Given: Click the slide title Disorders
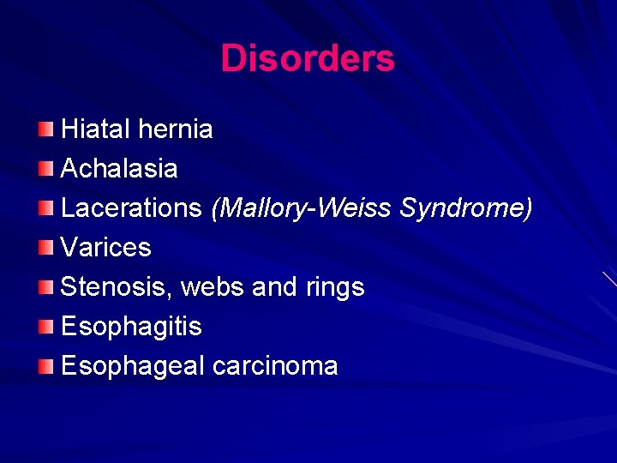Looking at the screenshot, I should (x=308, y=58).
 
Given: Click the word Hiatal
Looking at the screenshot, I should (x=94, y=129).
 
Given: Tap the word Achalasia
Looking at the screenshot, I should (x=119, y=169).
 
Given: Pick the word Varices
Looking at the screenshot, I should (x=105, y=248).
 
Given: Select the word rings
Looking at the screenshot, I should (x=334, y=288).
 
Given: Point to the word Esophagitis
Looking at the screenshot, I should (x=131, y=327).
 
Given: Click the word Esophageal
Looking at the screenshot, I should (x=133, y=366).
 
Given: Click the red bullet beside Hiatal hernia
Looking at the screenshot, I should (x=45, y=129).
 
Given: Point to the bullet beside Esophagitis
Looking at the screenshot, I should (x=45, y=327).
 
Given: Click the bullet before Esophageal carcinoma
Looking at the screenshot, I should (x=45, y=366).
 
